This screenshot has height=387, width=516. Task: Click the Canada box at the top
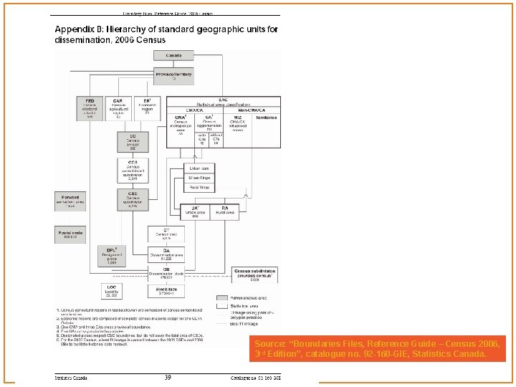[174, 55]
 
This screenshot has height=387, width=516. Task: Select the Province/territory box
[174, 73]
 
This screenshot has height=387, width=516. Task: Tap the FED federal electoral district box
[90, 107]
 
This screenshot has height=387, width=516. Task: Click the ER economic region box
[147, 107]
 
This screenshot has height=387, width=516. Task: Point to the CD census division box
[133, 141]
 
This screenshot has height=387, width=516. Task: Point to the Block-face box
[167, 290]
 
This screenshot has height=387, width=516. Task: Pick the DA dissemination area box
[166, 253]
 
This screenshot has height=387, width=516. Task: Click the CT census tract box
[166, 234]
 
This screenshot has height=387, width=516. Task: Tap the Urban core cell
[200, 167]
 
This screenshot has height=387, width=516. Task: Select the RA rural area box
[224, 211]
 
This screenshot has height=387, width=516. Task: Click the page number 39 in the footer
[167, 377]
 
